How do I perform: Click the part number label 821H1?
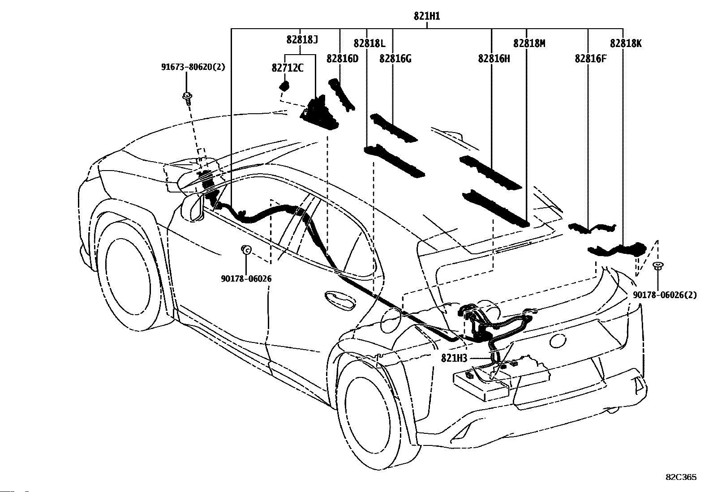pyautogui.click(x=427, y=16)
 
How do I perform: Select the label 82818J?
pyautogui.click(x=302, y=39)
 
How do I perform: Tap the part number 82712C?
pyautogui.click(x=288, y=68)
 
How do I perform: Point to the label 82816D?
pyautogui.click(x=343, y=59)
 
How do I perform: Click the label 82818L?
pyautogui.click(x=369, y=43)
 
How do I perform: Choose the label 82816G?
pyautogui.click(x=395, y=59)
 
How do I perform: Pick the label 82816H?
pyautogui.click(x=494, y=59)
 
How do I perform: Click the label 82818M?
pyautogui.click(x=529, y=43)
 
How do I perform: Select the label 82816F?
pyautogui.click(x=591, y=59)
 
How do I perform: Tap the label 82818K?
pyautogui.click(x=626, y=43)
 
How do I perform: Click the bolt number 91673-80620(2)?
pyautogui.click(x=193, y=67)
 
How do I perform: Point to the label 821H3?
pyautogui.click(x=454, y=358)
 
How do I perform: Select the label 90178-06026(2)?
pyautogui.click(x=665, y=295)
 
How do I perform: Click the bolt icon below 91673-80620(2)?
pyautogui.click(x=187, y=97)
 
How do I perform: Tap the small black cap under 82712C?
pyautogui.click(x=284, y=86)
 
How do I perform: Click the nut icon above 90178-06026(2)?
pyautogui.click(x=657, y=265)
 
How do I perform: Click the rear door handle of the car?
pyautogui.click(x=339, y=299)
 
